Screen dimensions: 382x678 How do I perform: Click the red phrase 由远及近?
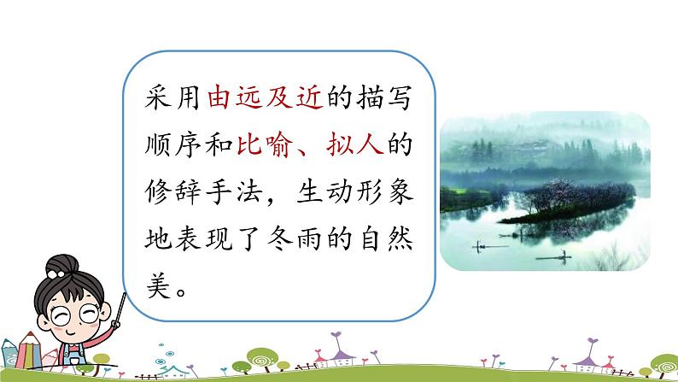pos(264,101)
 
